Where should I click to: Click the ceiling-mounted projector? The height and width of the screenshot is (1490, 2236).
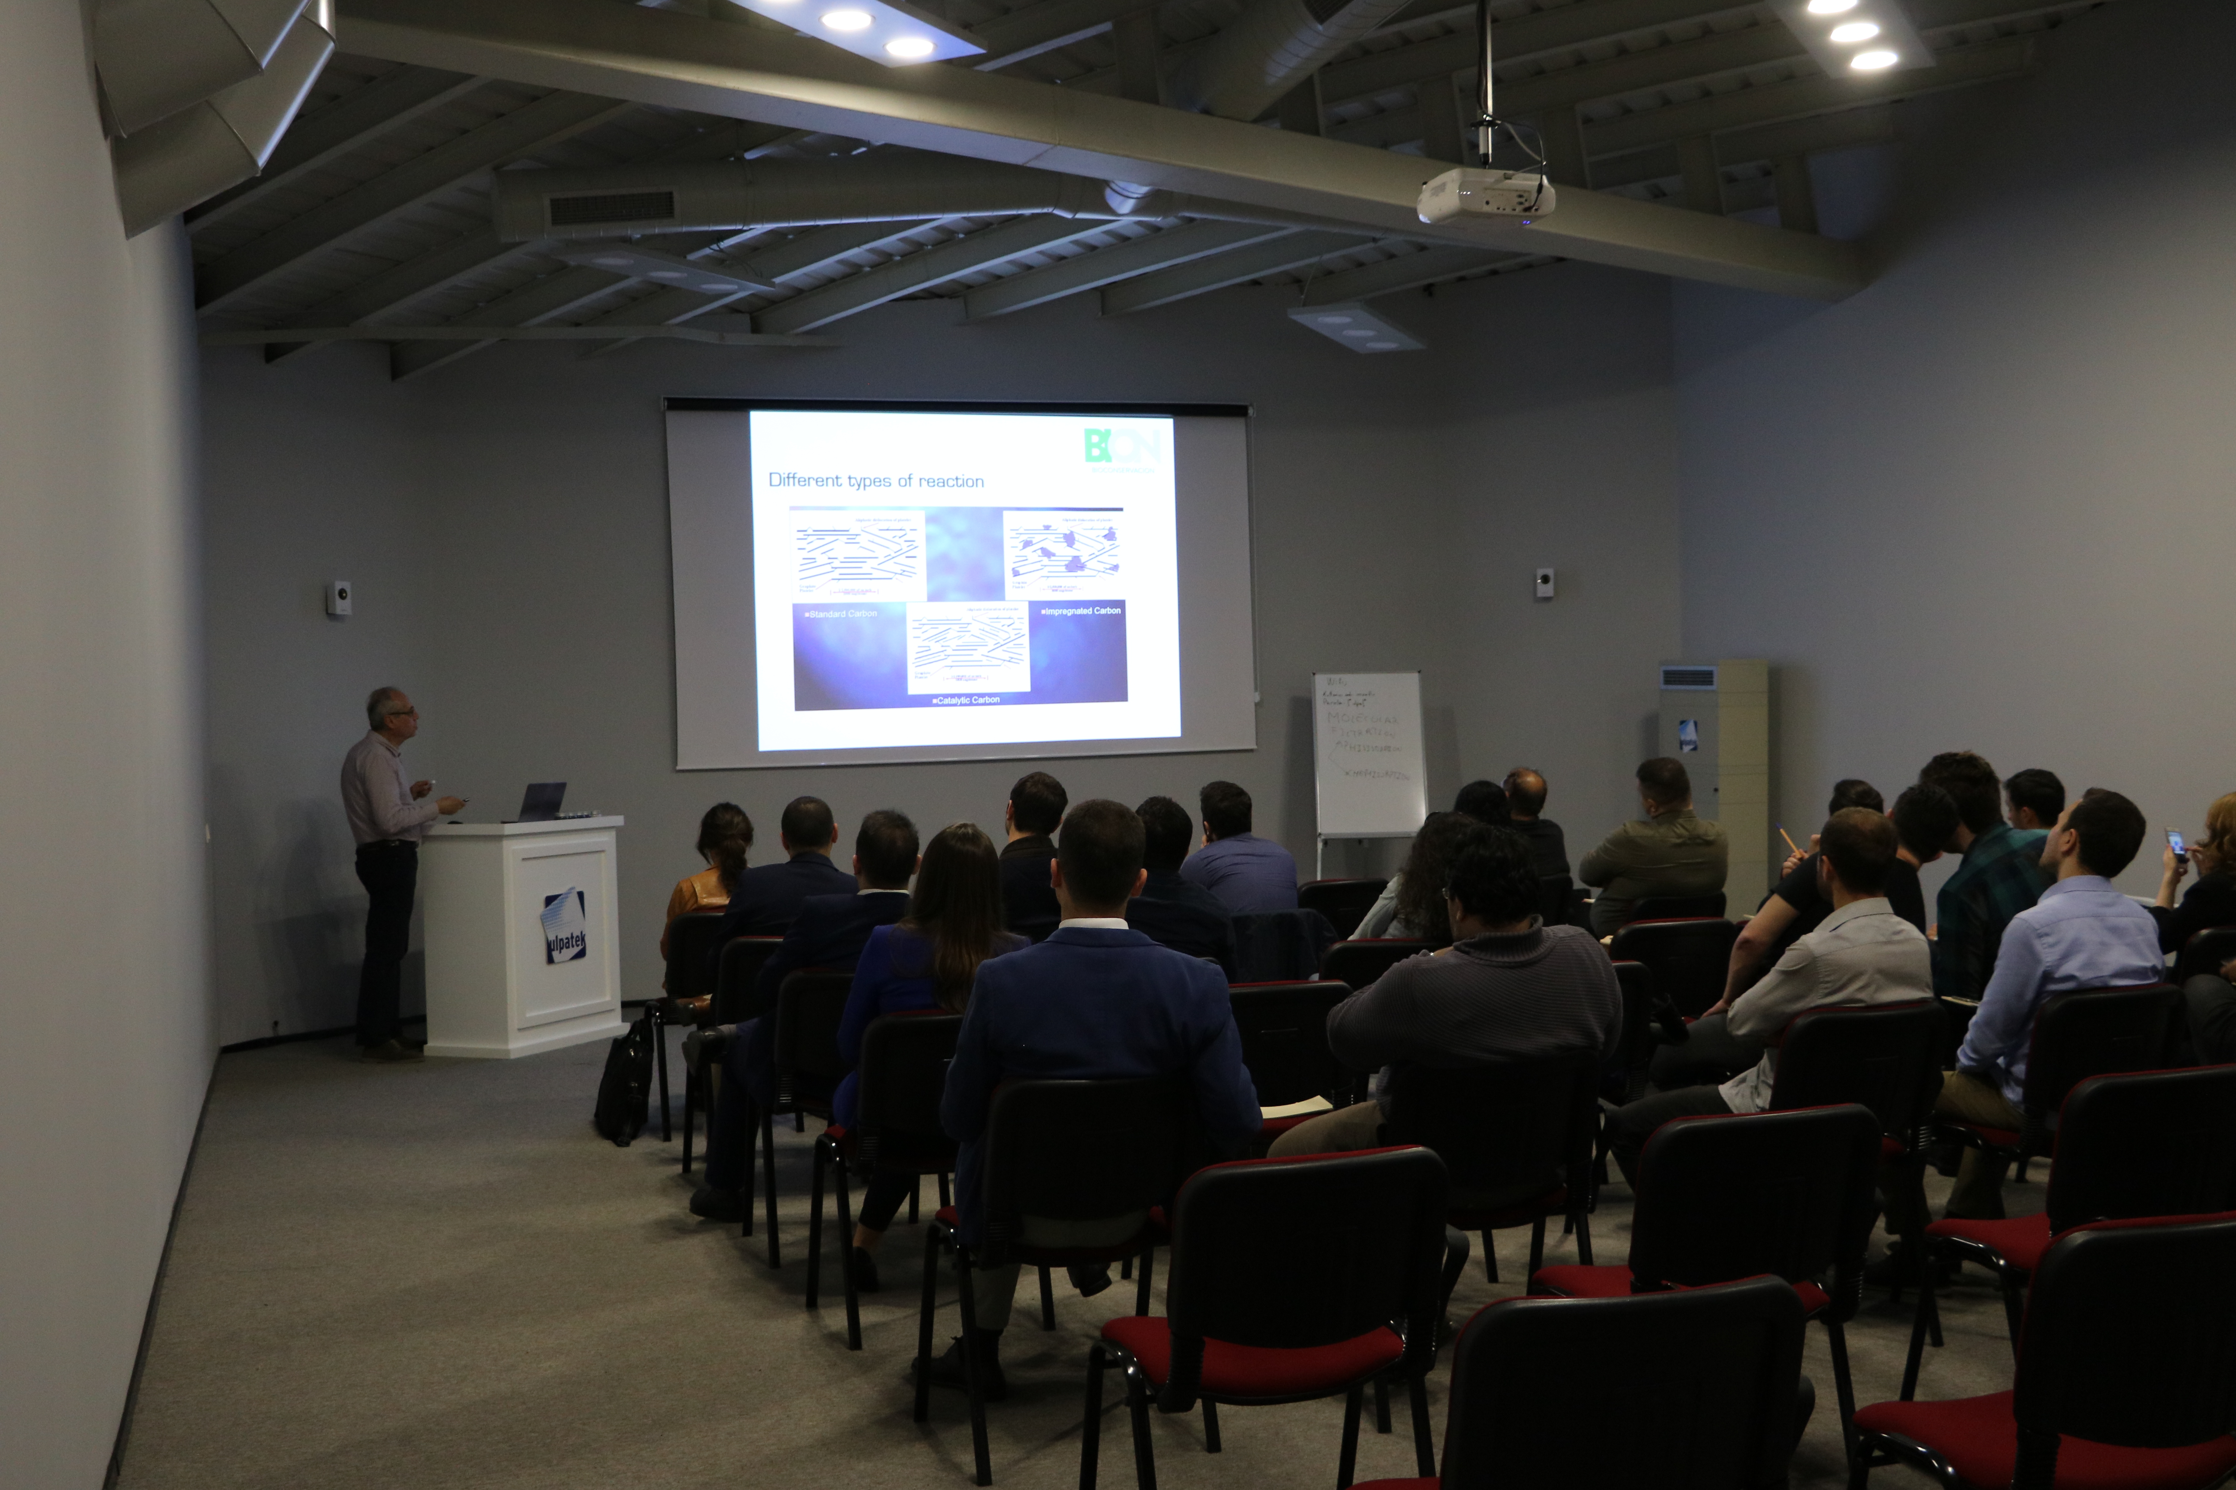tap(1485, 197)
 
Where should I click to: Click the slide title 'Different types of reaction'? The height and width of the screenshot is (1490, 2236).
tap(875, 481)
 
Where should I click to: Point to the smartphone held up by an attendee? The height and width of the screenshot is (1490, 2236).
tap(2174, 842)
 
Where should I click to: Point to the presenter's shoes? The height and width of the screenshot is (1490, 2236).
tap(392, 1050)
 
